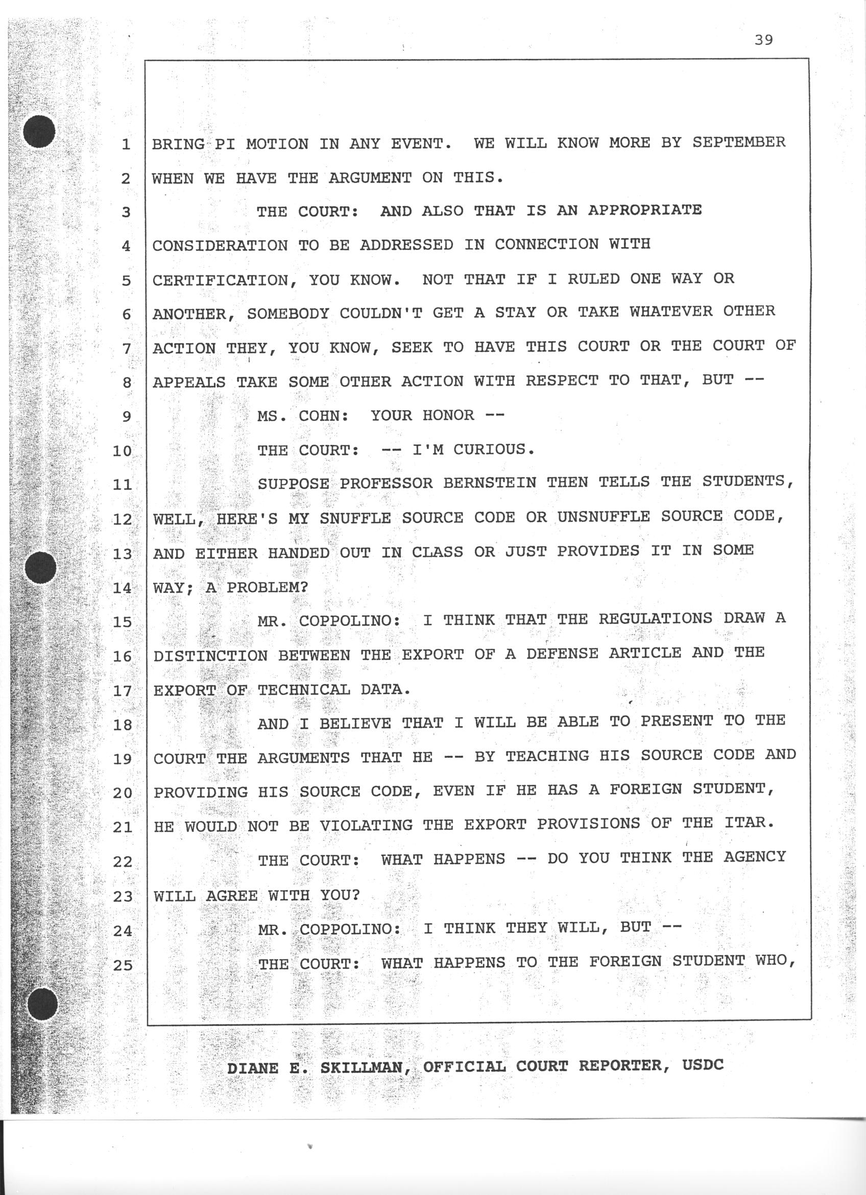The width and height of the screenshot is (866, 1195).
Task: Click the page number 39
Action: (763, 40)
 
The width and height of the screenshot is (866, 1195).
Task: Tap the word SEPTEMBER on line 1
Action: (738, 142)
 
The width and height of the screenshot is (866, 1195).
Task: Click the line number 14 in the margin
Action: (122, 588)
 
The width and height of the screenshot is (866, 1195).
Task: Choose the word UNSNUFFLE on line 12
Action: (604, 517)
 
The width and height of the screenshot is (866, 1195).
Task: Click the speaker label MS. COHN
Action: (302, 416)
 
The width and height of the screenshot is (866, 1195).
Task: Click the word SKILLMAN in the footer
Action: (362, 1067)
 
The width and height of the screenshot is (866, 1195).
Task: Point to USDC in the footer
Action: (703, 1065)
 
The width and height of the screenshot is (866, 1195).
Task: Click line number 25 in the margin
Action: (122, 965)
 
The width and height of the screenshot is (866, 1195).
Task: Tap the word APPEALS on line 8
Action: (189, 382)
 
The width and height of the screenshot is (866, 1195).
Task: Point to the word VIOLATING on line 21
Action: (366, 825)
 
